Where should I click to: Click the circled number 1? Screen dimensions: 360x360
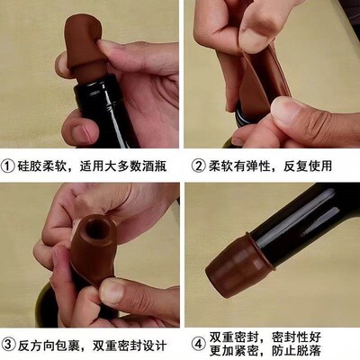(10, 166)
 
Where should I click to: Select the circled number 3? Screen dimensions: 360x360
(10, 344)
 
